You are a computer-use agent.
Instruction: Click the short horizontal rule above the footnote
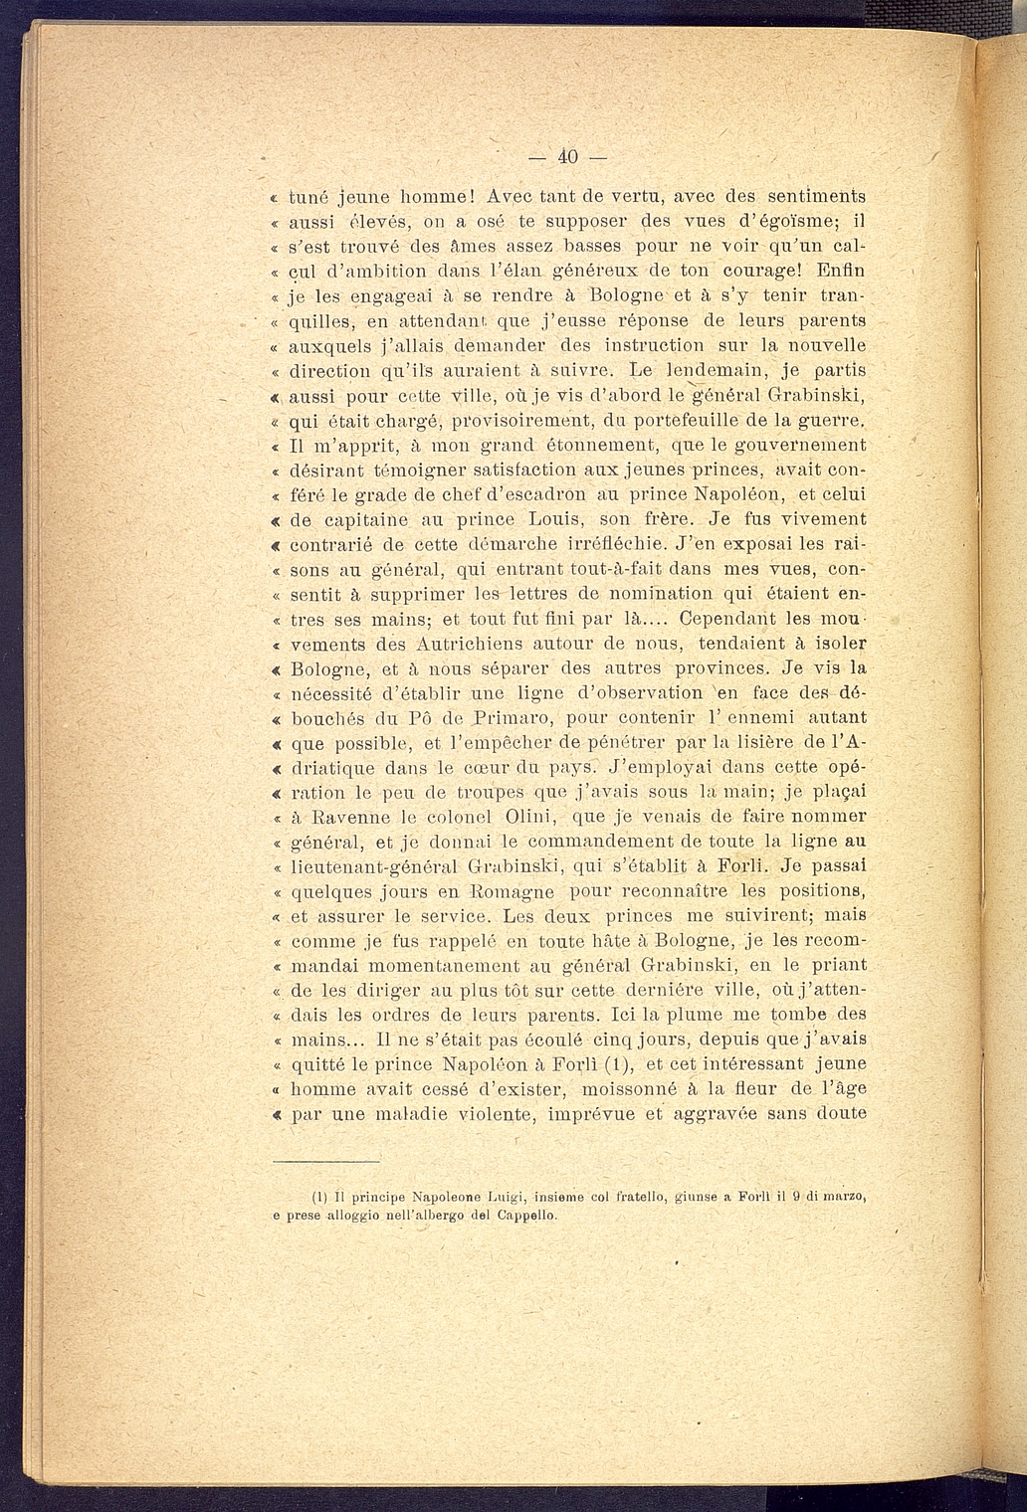pos(327,1161)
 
